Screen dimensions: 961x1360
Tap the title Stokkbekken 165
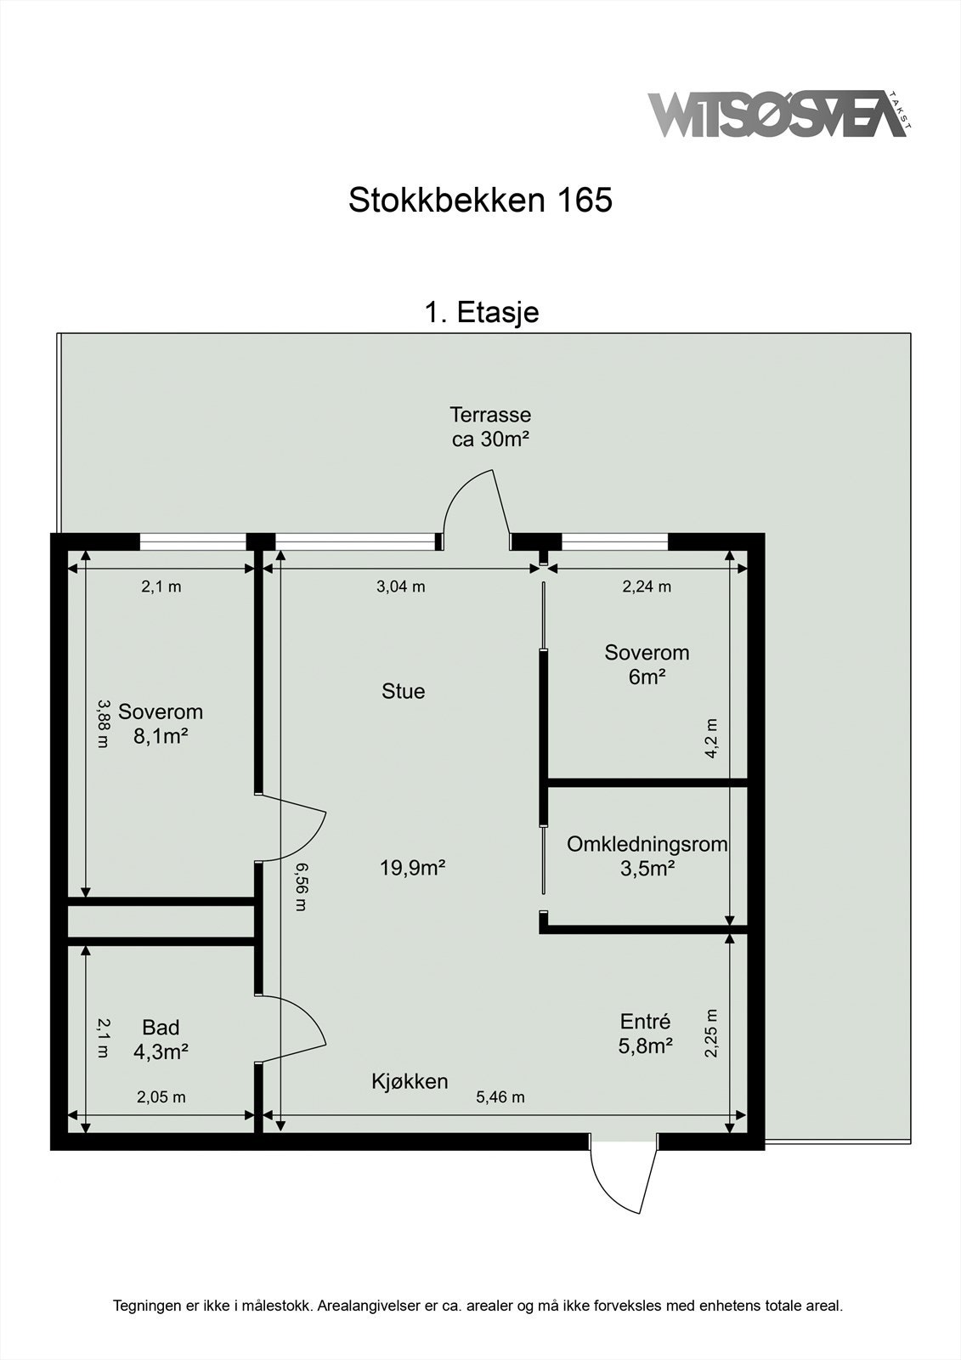click(x=480, y=200)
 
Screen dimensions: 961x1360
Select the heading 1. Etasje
click(x=482, y=312)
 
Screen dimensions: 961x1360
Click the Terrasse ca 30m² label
click(x=490, y=427)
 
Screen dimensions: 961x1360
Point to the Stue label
click(x=403, y=691)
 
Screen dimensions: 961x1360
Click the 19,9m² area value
click(x=413, y=868)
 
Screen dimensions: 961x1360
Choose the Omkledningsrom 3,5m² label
click(x=647, y=857)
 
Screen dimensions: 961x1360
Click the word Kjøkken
click(x=410, y=1081)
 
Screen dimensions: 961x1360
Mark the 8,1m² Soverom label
click(x=161, y=723)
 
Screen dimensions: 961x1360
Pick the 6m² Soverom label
click(x=647, y=665)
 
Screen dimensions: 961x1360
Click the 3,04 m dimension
click(x=401, y=586)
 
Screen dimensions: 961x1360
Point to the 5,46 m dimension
click(x=500, y=1097)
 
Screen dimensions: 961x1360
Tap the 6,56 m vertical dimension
click(x=301, y=887)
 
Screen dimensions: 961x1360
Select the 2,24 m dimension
click(x=647, y=586)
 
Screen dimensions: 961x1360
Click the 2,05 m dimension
click(x=161, y=1097)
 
